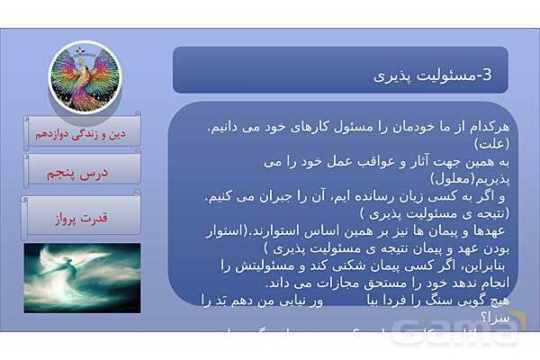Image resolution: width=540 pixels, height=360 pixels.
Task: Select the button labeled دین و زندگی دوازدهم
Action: [83, 131]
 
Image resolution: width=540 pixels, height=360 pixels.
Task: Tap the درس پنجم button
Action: [83, 172]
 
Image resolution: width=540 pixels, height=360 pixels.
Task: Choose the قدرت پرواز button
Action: [83, 217]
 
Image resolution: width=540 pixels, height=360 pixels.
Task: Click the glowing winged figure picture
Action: [83, 277]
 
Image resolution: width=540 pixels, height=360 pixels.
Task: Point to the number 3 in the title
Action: [487, 76]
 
